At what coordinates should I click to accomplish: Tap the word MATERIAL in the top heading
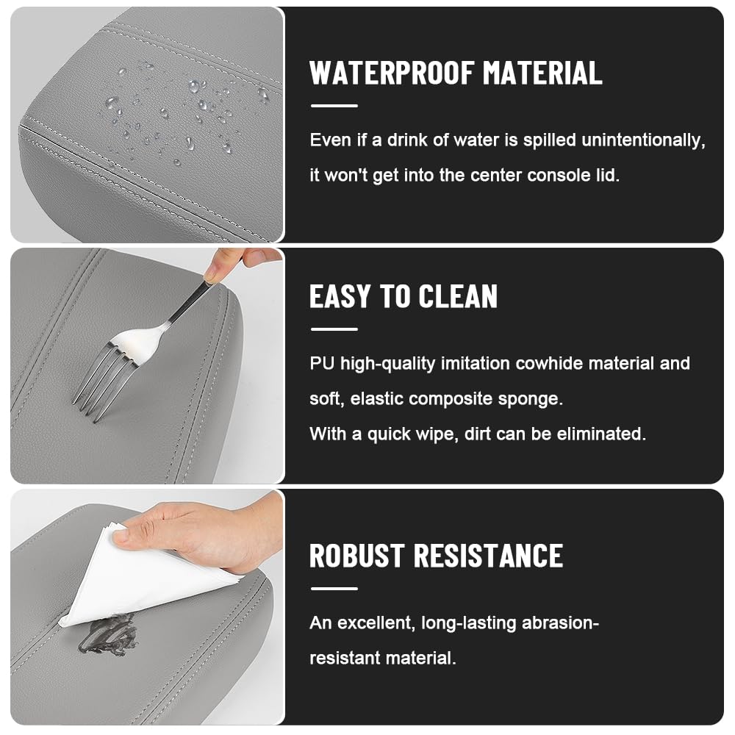click(543, 73)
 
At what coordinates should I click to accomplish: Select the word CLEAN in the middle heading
click(458, 296)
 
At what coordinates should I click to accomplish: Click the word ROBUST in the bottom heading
click(356, 556)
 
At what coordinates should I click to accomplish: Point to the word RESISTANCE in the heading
click(488, 556)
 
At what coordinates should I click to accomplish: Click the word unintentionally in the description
click(643, 140)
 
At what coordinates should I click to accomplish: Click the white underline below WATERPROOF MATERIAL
click(334, 106)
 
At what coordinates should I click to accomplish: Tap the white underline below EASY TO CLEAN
click(334, 329)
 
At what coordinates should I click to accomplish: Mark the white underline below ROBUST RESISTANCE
click(334, 588)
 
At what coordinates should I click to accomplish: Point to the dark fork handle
click(188, 304)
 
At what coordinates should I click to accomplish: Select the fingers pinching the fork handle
click(234, 263)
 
